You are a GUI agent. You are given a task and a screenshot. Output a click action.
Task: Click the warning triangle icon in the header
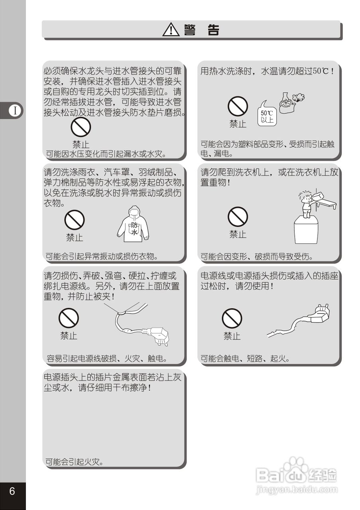[x=171, y=30]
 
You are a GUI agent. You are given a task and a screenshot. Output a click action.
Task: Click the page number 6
[x=12, y=491]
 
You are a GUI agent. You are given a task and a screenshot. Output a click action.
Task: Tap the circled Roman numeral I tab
[x=15, y=111]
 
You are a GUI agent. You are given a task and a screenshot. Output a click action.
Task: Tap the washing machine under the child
[x=306, y=231]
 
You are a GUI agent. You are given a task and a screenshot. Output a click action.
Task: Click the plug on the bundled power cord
[x=158, y=334]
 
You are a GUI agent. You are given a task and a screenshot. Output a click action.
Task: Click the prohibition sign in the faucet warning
[x=81, y=128]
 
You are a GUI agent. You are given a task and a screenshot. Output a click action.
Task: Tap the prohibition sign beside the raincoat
[x=75, y=220]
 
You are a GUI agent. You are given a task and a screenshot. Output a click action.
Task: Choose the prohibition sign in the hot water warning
[x=238, y=107]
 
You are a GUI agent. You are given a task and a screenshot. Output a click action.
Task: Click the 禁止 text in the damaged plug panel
[x=232, y=336]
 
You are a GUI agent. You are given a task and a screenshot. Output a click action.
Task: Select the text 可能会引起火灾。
[x=75, y=462]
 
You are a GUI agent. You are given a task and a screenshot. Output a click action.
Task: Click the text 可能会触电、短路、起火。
[x=245, y=359]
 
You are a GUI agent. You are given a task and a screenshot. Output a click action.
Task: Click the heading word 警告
[x=201, y=30]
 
